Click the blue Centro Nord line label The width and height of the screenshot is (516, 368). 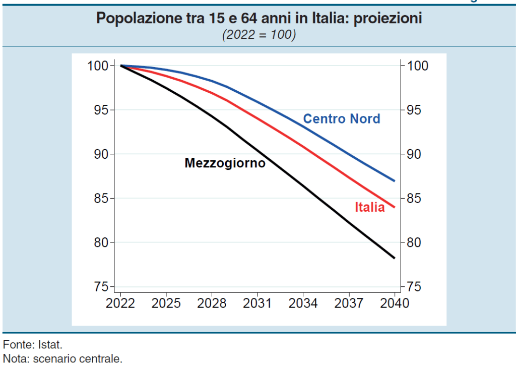click(341, 119)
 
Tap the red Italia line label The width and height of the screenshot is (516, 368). click(369, 207)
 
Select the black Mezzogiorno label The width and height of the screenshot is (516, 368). click(225, 163)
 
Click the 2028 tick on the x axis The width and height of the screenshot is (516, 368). click(212, 303)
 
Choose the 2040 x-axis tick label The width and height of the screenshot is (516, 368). click(394, 303)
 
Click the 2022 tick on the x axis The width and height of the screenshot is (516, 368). click(120, 303)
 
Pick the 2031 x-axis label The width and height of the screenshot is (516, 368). click(257, 303)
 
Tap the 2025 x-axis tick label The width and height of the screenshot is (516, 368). click(166, 303)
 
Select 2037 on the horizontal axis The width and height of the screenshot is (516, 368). click(349, 303)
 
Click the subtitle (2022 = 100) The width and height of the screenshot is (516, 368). click(259, 35)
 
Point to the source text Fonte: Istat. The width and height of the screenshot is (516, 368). click(33, 346)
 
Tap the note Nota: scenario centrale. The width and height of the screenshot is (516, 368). click(62, 359)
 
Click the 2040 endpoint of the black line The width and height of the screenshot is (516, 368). click(394, 258)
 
